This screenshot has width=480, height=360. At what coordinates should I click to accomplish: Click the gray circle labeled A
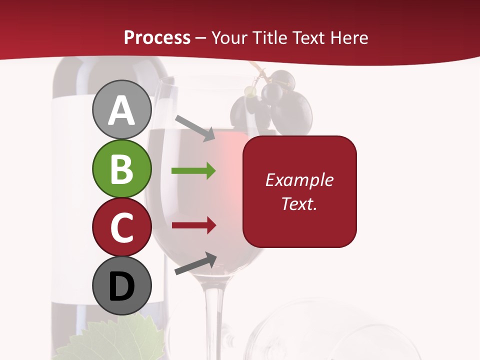[121, 109]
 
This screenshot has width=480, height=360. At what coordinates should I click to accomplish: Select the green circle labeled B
[121, 168]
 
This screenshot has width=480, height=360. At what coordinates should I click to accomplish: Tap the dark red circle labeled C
[121, 227]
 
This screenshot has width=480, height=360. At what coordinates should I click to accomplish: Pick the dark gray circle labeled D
[121, 285]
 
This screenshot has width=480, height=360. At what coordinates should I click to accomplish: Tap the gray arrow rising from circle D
[195, 263]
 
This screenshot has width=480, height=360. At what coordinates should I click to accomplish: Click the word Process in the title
[157, 38]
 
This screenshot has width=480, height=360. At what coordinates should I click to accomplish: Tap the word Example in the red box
[299, 180]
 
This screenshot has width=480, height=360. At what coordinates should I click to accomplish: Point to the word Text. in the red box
[299, 203]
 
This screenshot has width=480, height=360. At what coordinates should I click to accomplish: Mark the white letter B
[121, 169]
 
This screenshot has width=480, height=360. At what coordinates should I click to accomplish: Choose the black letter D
[121, 286]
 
